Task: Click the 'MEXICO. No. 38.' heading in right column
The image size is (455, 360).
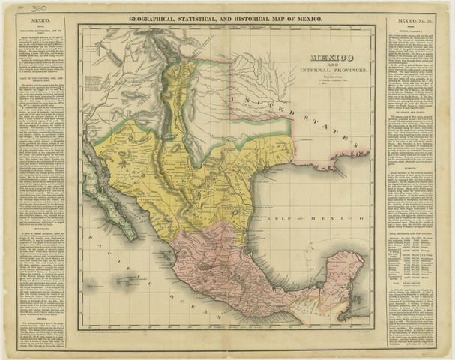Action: coord(416,23)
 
